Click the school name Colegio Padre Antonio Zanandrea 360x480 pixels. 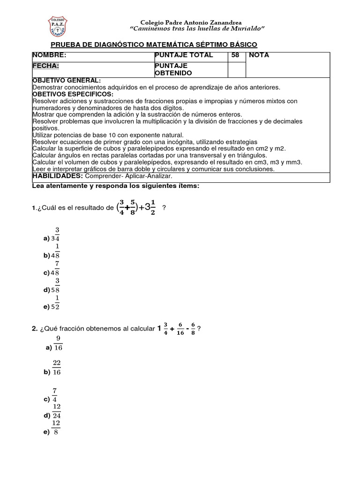tap(191, 22)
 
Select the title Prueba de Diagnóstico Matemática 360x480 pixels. tap(153, 45)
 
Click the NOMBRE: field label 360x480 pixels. tap(49, 55)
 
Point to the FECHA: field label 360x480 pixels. tap(45, 66)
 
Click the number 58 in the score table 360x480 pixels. tap(235, 55)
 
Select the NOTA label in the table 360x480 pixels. tap(259, 55)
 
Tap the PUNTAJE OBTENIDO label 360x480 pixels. tap(171, 69)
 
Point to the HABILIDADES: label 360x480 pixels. tap(58, 176)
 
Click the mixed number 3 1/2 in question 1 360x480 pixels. tap(152, 207)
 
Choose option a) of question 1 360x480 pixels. tap(52, 234)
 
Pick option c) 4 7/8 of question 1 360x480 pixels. tap(52, 269)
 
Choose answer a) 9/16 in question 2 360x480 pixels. tap(54, 344)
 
